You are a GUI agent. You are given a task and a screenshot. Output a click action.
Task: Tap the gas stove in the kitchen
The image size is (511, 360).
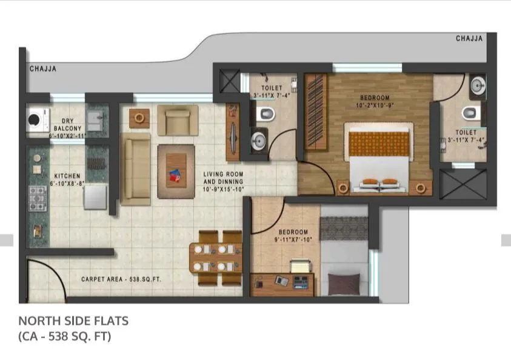[x=38, y=196]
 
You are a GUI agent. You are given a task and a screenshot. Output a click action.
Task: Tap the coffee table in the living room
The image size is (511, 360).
[x=176, y=172]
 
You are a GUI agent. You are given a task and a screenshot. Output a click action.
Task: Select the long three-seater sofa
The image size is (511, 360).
[x=136, y=168]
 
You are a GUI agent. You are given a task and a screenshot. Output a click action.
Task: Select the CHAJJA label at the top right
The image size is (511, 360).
[x=469, y=39]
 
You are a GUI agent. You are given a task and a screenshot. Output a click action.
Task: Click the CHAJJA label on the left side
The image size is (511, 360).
[x=43, y=69]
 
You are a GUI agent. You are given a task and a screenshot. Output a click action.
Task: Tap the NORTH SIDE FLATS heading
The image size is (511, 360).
[x=73, y=320]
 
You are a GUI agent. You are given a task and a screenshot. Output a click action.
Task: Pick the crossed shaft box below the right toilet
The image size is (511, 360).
[x=463, y=184]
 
